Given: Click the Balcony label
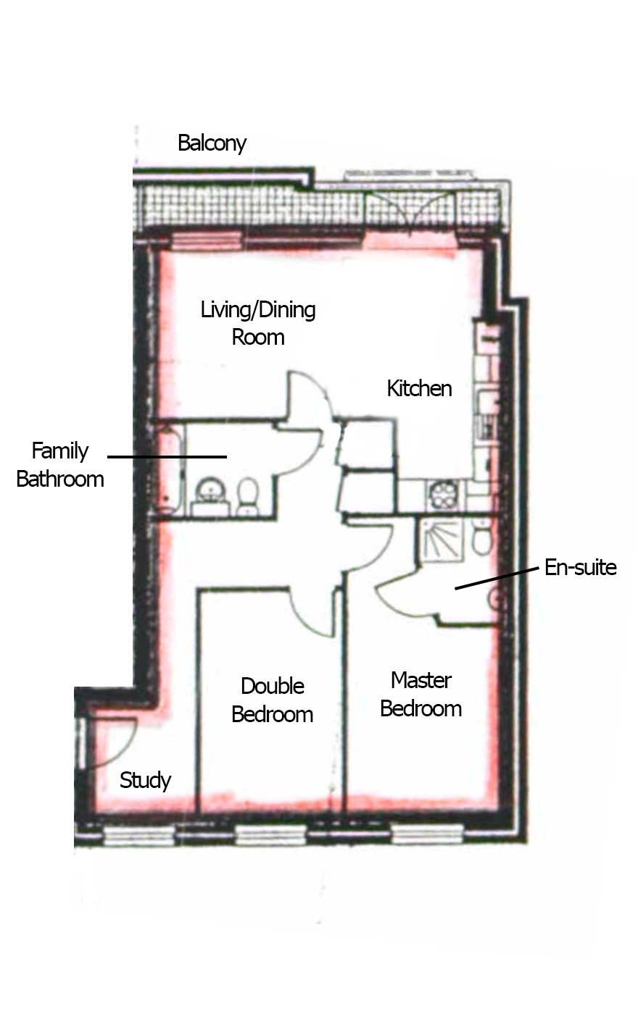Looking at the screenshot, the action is [x=212, y=143].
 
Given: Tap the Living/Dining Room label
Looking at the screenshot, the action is [x=258, y=323].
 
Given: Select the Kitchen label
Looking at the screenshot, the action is [x=419, y=388].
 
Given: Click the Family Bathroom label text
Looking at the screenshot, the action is [x=60, y=465].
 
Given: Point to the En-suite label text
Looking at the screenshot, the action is [x=581, y=567].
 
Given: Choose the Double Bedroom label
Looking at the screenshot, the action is [x=273, y=700].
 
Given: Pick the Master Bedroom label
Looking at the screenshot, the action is [x=421, y=695].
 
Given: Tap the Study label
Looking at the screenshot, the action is [x=145, y=780].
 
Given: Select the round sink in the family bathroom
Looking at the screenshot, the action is [x=210, y=492].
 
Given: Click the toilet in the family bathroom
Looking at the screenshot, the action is [x=247, y=497].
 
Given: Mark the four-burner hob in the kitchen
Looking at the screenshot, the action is [x=443, y=495].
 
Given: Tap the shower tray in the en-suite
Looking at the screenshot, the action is [x=442, y=540].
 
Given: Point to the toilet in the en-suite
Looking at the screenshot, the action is [x=482, y=539].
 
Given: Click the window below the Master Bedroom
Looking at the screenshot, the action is [x=427, y=834].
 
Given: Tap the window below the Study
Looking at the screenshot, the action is [x=139, y=835].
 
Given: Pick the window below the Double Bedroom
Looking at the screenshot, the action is [x=271, y=834].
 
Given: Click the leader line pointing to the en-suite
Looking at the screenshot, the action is [x=497, y=578].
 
